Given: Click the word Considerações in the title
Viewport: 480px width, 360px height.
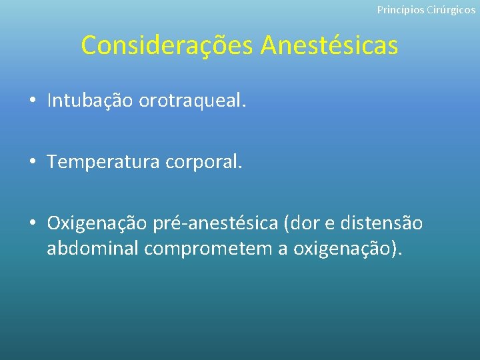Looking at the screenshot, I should tap(167, 45).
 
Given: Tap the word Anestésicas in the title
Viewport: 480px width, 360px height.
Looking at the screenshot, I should tap(329, 45).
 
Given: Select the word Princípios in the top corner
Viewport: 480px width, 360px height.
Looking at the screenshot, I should tap(399, 10).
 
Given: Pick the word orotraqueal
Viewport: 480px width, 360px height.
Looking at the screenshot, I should tap(191, 101).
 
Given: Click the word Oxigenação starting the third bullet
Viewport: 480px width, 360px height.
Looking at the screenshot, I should tap(97, 223).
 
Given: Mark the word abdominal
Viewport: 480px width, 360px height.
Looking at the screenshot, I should tap(93, 249).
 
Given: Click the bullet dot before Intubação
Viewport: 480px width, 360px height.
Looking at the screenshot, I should tap(32, 101).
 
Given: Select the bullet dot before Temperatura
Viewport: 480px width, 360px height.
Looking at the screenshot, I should tap(32, 163).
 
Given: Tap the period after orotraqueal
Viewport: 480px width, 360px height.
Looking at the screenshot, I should tap(244, 106).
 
